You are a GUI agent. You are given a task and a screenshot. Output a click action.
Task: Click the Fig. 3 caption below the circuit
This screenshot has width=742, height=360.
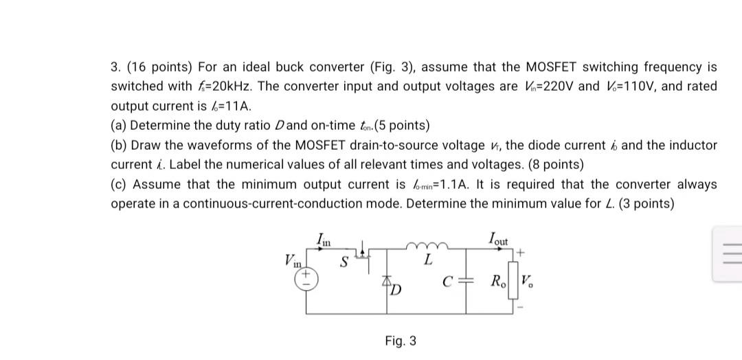coord(401,341)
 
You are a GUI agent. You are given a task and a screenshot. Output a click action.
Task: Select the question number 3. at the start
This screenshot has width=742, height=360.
coord(117,67)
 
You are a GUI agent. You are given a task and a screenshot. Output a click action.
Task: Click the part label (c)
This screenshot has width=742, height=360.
coord(120,185)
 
